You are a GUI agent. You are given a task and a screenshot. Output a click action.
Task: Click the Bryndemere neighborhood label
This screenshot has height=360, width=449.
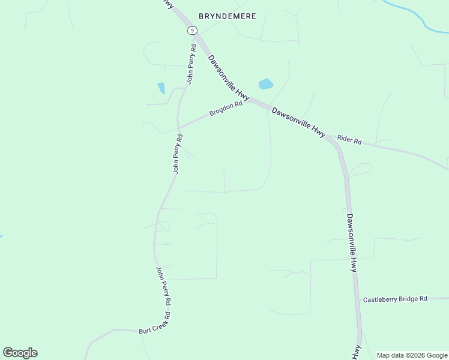click(228, 16)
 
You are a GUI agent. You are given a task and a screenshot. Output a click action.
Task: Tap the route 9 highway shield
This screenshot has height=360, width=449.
click(191, 30)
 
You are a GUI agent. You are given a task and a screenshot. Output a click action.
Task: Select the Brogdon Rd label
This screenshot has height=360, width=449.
click(226, 109)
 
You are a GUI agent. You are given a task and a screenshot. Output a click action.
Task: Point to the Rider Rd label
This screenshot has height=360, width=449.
click(349, 140)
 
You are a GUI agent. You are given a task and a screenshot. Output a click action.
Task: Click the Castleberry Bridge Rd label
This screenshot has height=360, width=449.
click(395, 298)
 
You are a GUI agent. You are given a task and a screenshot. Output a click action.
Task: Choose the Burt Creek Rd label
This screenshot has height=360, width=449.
click(154, 327)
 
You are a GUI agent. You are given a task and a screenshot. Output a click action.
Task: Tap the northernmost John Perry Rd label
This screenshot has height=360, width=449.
click(191, 64)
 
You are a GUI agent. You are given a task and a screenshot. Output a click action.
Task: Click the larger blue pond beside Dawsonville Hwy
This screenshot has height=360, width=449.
click(265, 84)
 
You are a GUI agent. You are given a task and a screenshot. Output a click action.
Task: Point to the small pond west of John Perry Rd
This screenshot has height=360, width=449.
click(161, 88)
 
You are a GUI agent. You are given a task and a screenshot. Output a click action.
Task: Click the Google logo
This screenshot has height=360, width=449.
click(20, 353)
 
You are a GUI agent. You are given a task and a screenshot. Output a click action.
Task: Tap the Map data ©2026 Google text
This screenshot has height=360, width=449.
click(412, 355)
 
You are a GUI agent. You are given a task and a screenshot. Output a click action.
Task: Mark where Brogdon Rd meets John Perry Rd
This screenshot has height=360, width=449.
click(178, 128)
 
